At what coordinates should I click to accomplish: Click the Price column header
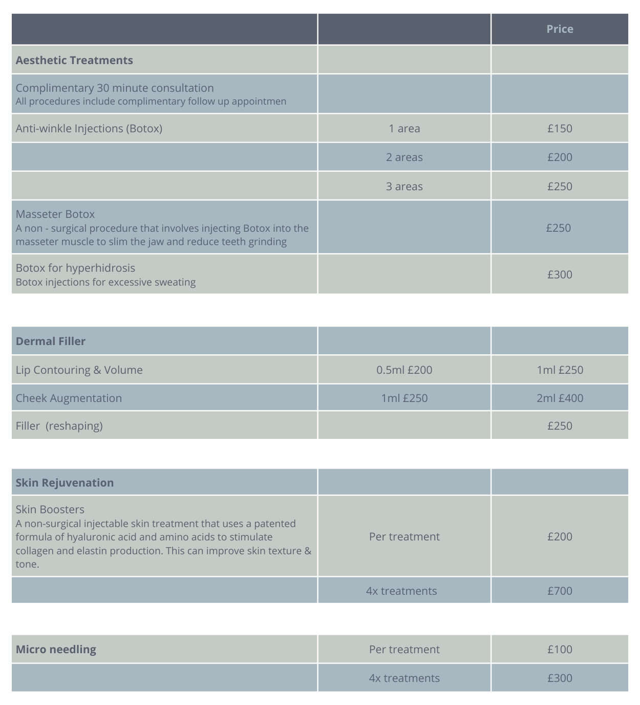pyautogui.click(x=560, y=29)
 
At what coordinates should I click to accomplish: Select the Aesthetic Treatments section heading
pyautogui.click(x=74, y=60)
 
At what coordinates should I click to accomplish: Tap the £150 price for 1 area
pyautogui.click(x=560, y=128)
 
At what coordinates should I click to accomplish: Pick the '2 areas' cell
pyautogui.click(x=404, y=157)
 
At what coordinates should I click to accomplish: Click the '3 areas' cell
pyautogui.click(x=404, y=187)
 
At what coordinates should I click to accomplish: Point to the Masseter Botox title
pyautogui.click(x=55, y=214)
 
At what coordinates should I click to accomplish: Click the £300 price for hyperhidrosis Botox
pyautogui.click(x=560, y=275)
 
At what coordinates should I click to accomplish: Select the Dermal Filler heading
pyautogui.click(x=51, y=341)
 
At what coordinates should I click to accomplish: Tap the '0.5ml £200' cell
pyautogui.click(x=404, y=370)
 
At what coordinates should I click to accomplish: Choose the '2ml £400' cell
pyautogui.click(x=560, y=398)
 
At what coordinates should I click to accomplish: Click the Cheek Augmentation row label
pyautogui.click(x=69, y=398)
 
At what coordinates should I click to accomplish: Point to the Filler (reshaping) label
pyautogui.click(x=59, y=426)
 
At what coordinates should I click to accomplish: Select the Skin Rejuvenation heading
pyautogui.click(x=65, y=483)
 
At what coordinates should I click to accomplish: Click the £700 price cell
pyautogui.click(x=560, y=591)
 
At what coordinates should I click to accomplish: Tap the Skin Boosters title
pyautogui.click(x=50, y=510)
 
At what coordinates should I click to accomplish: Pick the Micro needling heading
pyautogui.click(x=56, y=650)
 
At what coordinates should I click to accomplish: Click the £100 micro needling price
pyautogui.click(x=560, y=650)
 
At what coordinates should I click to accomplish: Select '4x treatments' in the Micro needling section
pyautogui.click(x=404, y=678)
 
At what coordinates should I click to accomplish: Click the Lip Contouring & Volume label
pyautogui.click(x=79, y=370)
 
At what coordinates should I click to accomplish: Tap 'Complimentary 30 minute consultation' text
pyautogui.click(x=115, y=88)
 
